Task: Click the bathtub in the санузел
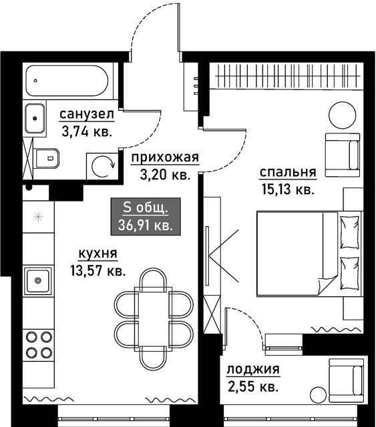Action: pos(67,81)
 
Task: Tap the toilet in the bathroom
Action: pos(47,158)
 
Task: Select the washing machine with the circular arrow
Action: pos(103,166)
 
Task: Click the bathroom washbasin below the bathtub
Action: pos(35,118)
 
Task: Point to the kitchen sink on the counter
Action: pos(37,280)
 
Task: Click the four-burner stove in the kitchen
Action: pos(39,345)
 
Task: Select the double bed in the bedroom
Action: pos(309,254)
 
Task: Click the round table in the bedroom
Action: pos(343,115)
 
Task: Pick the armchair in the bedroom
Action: pos(342,155)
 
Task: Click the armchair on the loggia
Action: pos(346,380)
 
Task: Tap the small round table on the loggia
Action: pos(318,394)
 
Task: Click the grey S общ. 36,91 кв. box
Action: pos(146,216)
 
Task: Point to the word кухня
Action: pos(98,254)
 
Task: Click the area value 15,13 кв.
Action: pos(288,189)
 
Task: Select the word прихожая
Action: pos(165,157)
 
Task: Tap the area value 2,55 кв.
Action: pos(253,386)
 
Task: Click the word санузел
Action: pos(87,114)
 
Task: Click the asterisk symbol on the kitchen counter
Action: pos(38,217)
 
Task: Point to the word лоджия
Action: pos(253,370)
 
